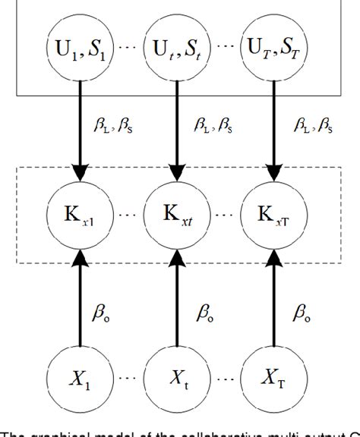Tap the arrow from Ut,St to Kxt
coord(177,133)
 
